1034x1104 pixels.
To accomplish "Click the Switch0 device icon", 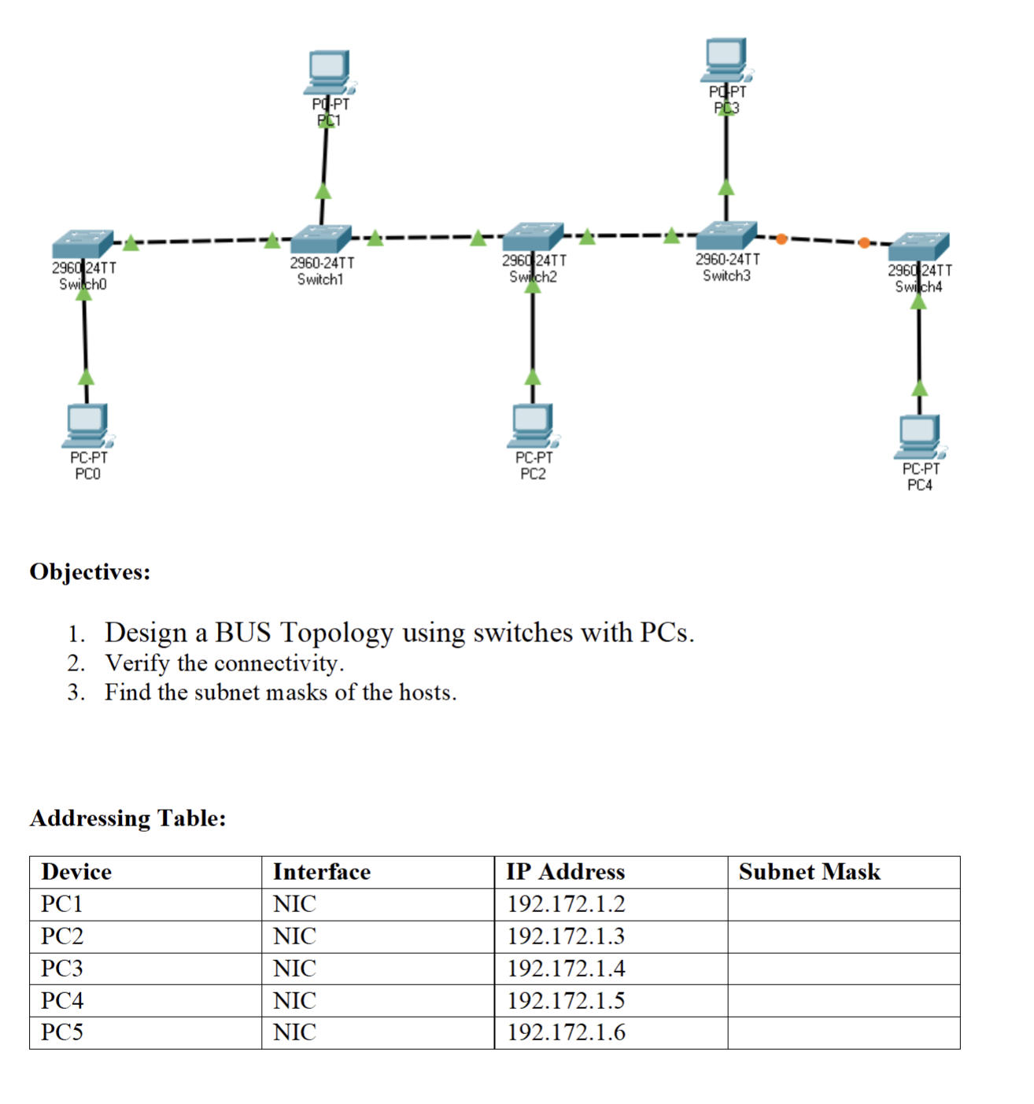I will [x=83, y=244].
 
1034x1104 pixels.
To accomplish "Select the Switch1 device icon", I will [x=320, y=238].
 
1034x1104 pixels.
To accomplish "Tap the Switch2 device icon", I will [x=533, y=236].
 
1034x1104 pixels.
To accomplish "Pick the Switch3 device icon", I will [x=726, y=234].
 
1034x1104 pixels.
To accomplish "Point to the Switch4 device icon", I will [x=919, y=246].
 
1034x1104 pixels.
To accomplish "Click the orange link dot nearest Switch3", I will [x=781, y=238].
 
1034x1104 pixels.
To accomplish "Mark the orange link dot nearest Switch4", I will [x=864, y=242].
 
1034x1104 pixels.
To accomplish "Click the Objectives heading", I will [x=90, y=571].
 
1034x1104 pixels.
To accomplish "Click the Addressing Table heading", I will [x=127, y=818].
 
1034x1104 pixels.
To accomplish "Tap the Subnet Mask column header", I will [x=809, y=872].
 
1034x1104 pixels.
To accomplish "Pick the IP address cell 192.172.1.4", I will [x=566, y=968].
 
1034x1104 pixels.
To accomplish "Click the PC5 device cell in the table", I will [x=62, y=1032].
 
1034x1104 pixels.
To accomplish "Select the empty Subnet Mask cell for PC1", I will [x=843, y=904].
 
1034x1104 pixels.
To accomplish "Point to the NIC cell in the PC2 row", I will [x=294, y=936].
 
